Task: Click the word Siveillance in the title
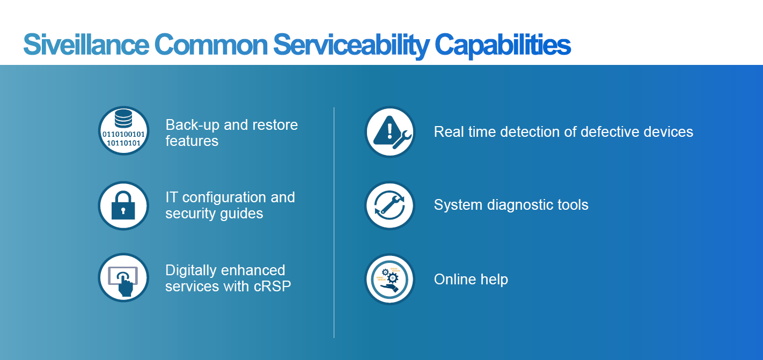[x=86, y=45]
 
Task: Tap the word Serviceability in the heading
[x=351, y=46]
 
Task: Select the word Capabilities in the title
[x=503, y=46]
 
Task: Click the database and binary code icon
[x=123, y=131]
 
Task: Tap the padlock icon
[x=123, y=205]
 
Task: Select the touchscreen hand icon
[x=123, y=278]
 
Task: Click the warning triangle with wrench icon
[x=390, y=132]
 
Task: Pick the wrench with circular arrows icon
[x=390, y=205]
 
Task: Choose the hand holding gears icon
[x=390, y=280]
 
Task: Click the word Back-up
[x=192, y=126]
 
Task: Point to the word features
[x=192, y=141]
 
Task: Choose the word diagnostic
[x=520, y=205]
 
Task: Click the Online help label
[x=471, y=280]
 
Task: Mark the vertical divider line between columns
[x=334, y=223]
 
